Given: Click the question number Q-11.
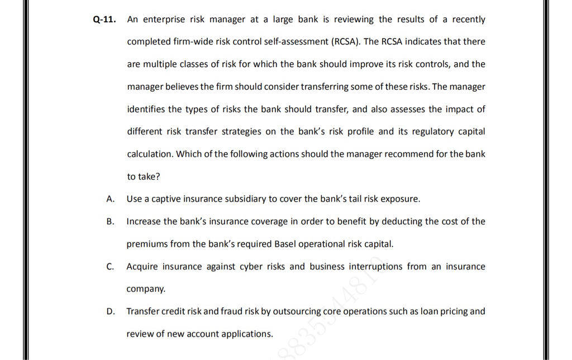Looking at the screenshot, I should pos(104,20).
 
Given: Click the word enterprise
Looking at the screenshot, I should pos(164,20).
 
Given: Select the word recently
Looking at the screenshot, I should pos(469,20).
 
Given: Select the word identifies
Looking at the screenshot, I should pos(146,109).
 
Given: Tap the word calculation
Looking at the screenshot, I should pos(149,154).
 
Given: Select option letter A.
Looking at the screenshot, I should pos(111,199).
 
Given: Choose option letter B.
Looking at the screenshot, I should pos(111,222).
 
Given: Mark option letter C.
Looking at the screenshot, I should pos(111,267).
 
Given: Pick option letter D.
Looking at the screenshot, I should pos(111,311).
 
